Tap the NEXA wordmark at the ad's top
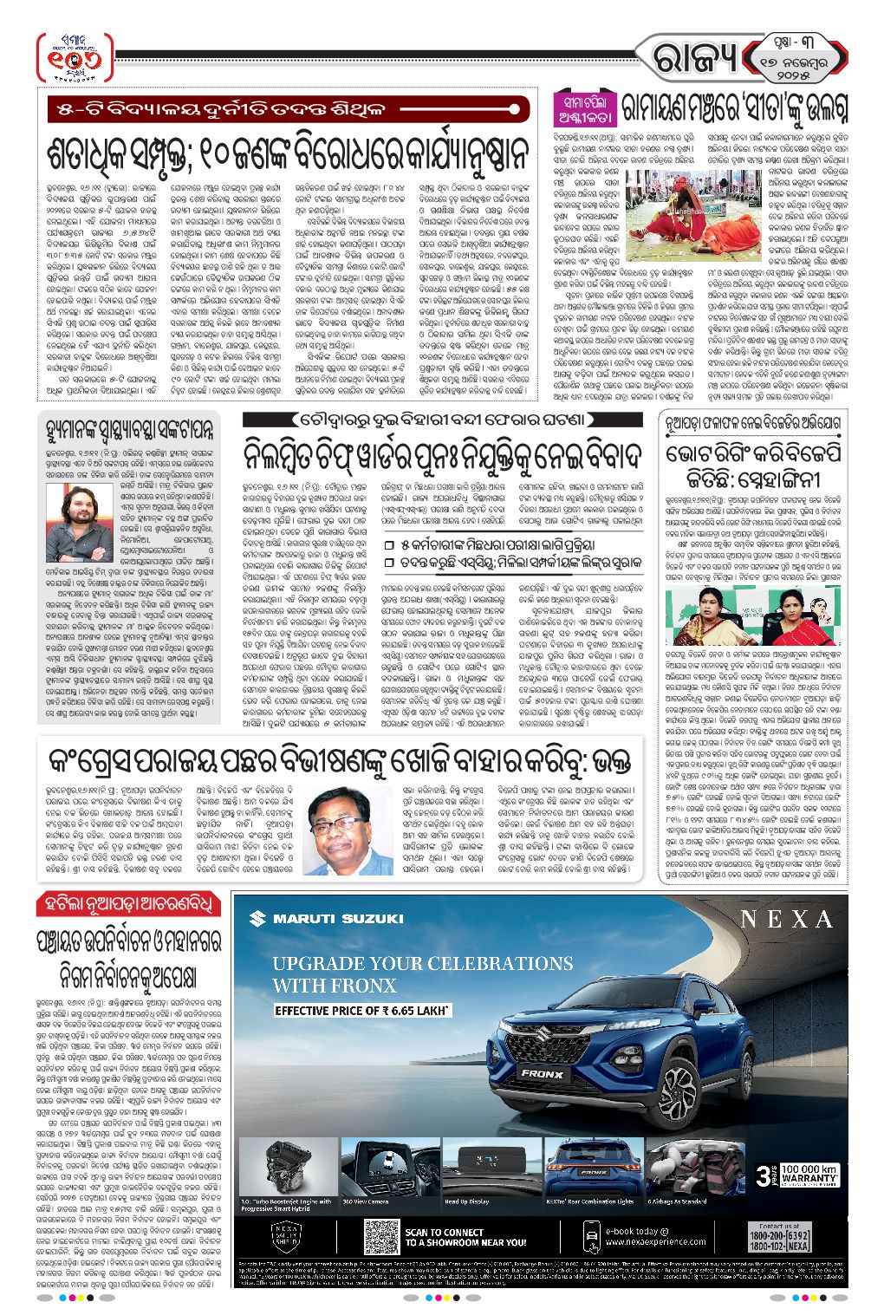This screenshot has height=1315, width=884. point(786,919)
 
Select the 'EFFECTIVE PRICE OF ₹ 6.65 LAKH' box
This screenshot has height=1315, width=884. point(361,1011)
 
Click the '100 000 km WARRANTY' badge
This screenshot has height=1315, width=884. point(799,1175)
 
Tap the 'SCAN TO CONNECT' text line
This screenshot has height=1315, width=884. point(444,1232)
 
